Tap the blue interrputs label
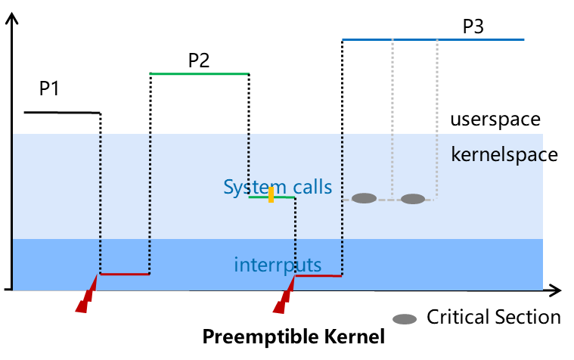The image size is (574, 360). tap(278, 265)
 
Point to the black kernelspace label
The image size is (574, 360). tap(497, 155)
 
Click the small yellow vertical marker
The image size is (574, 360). tap(271, 195)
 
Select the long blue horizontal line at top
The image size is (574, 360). tap(433, 39)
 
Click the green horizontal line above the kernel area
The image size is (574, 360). tap(198, 74)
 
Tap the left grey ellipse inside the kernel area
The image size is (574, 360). tap(364, 198)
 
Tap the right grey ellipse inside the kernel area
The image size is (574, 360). tap(413, 199)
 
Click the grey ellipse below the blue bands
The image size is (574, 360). tap(405, 319)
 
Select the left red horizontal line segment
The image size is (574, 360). tap(125, 274)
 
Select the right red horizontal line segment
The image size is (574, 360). tap(318, 275)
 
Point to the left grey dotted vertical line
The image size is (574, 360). tap(392, 113)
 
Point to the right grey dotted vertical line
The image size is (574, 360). tap(437, 113)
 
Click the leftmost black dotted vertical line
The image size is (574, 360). tap(101, 204)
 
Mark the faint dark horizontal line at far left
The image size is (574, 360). tap(61, 113)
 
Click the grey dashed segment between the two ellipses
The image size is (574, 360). tap(389, 200)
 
